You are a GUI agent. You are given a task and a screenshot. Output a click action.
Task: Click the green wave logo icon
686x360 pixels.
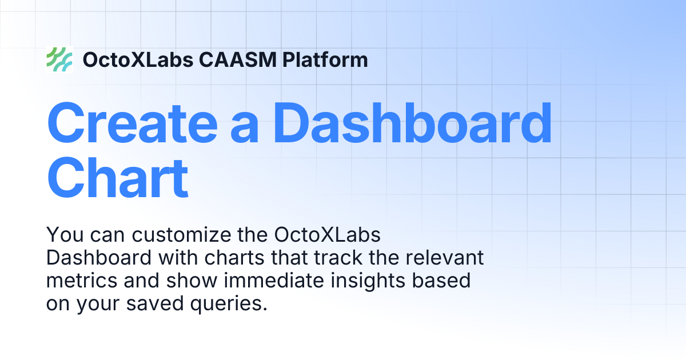click(59, 59)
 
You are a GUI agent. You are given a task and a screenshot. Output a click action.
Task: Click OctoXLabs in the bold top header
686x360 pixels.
click(138, 59)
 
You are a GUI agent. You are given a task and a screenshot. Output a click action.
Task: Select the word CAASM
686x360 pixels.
click(238, 59)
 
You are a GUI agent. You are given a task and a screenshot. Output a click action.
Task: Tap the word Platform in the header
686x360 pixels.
click(325, 59)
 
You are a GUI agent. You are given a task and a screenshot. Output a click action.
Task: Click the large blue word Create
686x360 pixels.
click(132, 123)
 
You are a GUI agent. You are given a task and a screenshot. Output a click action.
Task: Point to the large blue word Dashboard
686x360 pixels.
click(413, 122)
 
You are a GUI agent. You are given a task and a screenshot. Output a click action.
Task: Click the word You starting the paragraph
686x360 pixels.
click(65, 235)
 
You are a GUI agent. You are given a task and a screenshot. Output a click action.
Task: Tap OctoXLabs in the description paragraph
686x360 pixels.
click(328, 235)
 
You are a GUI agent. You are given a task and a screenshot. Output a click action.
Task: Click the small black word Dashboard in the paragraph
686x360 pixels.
click(98, 258)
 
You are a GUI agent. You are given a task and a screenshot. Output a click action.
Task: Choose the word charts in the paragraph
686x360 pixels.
click(234, 258)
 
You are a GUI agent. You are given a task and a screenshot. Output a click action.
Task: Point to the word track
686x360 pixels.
click(338, 258)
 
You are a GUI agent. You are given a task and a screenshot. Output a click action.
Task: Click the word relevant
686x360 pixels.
click(445, 258)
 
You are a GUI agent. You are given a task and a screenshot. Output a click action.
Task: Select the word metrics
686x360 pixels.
click(81, 281)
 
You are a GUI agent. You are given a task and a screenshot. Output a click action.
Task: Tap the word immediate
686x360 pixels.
click(274, 281)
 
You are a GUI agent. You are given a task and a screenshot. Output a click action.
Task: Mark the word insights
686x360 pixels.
click(368, 281)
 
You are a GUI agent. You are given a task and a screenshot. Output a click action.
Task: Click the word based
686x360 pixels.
click(441, 281)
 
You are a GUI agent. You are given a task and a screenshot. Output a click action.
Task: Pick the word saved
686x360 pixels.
click(155, 303)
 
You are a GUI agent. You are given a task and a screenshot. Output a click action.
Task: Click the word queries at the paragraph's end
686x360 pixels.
click(229, 304)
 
